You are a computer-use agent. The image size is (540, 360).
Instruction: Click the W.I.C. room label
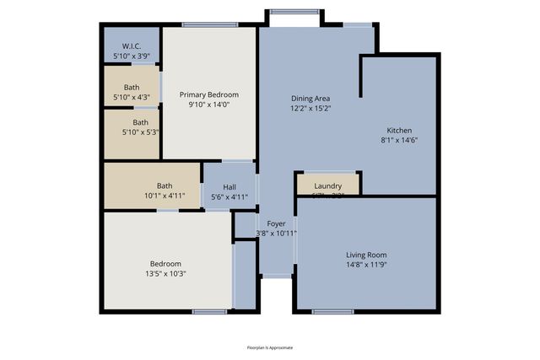(131, 46)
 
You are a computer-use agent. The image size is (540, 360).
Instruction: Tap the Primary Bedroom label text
(208, 94)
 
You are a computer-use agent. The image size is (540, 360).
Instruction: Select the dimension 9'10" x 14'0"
(208, 105)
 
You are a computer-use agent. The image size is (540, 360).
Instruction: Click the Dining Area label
(310, 98)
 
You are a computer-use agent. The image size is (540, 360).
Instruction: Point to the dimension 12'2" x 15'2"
(310, 108)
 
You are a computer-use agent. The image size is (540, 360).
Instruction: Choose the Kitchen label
(399, 130)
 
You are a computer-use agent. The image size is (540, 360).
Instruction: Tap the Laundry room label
(327, 185)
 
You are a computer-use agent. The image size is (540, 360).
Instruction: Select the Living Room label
(366, 254)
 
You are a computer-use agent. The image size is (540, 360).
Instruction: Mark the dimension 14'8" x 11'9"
(366, 264)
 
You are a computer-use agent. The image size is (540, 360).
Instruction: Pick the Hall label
(229, 187)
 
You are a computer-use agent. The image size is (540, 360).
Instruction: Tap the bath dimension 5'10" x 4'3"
(132, 97)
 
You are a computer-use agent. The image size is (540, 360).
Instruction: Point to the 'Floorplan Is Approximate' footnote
(269, 347)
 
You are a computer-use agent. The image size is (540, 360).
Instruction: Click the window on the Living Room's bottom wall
(332, 312)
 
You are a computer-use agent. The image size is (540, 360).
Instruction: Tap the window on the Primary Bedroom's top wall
(209, 24)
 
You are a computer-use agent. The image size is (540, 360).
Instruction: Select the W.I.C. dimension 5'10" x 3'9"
(131, 56)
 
